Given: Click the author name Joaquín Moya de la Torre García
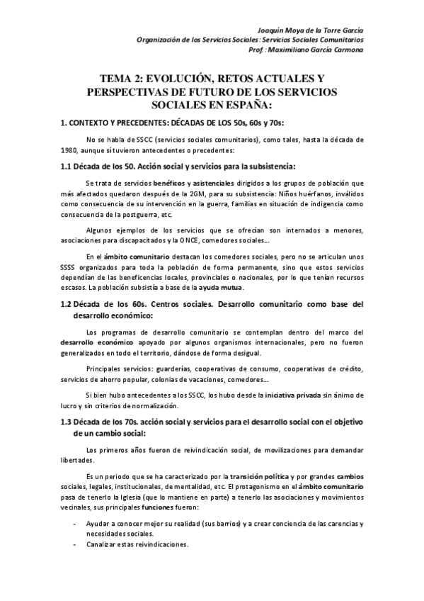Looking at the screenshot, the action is (320, 30).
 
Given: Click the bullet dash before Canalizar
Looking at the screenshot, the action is (76, 544).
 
